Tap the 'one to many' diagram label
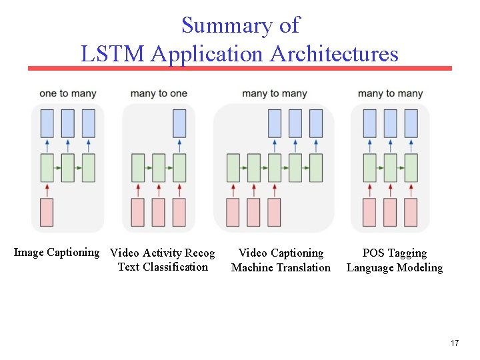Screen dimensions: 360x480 click(67, 93)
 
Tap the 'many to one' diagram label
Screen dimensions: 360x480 click(159, 93)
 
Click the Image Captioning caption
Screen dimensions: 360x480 click(57, 252)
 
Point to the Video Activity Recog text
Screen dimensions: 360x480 click(162, 253)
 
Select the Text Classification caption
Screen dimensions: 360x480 click(163, 267)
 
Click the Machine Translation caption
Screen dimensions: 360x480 click(281, 267)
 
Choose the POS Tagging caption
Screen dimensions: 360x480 click(394, 253)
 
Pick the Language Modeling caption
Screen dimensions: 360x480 click(394, 267)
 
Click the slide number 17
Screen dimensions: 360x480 click(455, 343)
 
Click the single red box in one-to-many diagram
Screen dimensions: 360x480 click(47, 212)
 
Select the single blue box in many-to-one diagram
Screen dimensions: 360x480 click(179, 123)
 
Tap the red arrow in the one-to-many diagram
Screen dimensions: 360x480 click(47, 190)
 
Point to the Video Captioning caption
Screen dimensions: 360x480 click(281, 253)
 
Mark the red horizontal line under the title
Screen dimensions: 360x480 click(240, 68)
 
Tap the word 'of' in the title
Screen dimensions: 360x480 click(289, 25)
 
